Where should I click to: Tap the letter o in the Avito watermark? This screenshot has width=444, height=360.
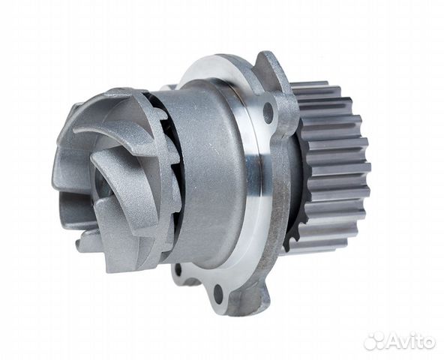tap(428, 343)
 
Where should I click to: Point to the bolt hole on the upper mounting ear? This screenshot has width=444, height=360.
tap(268, 112)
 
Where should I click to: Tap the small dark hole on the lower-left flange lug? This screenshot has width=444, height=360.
tap(178, 270)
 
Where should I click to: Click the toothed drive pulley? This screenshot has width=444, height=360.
tap(331, 167)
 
